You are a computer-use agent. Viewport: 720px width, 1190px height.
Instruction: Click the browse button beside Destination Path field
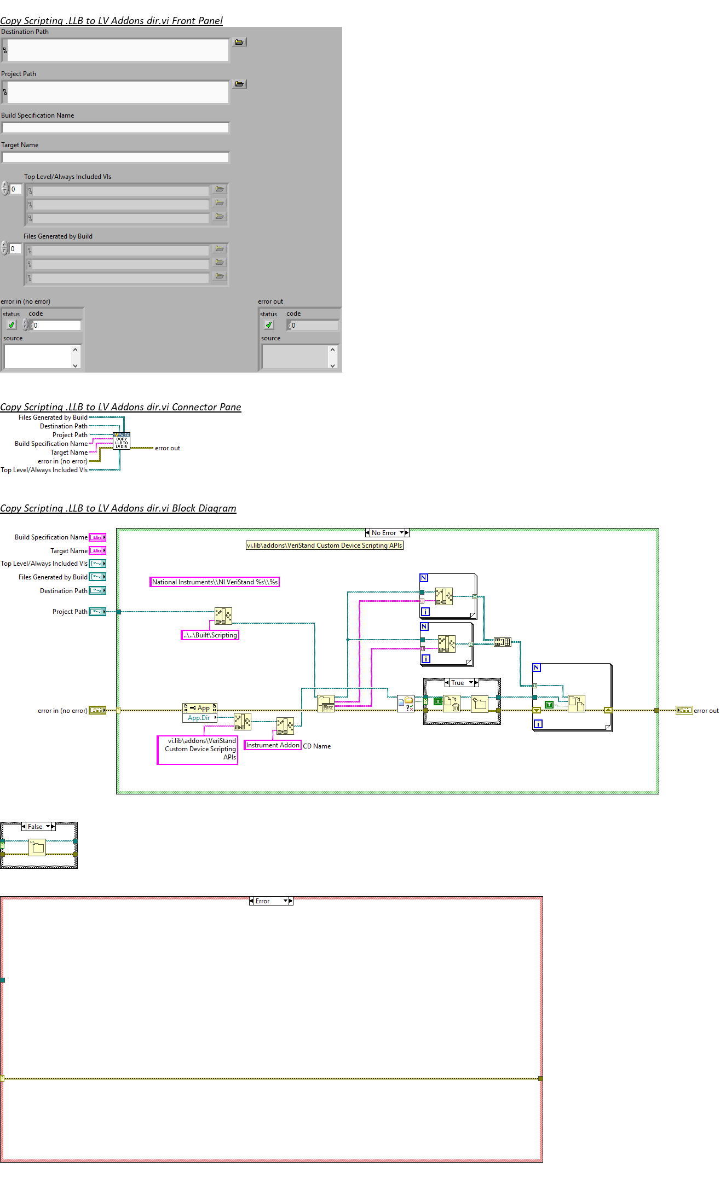239,42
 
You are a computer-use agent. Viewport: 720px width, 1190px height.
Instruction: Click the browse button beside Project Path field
239,84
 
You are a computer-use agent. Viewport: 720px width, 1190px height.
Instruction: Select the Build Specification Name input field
115,128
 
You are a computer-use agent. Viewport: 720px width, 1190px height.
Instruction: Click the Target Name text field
115,158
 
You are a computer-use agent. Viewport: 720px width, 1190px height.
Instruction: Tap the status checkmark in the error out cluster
269,325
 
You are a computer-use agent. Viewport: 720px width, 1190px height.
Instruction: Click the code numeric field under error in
56,326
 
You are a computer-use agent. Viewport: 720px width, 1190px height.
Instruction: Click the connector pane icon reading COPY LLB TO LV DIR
122,442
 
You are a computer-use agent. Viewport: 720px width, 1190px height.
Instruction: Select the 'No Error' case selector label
384,533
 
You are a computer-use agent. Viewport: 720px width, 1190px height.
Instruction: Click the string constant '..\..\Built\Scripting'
210,635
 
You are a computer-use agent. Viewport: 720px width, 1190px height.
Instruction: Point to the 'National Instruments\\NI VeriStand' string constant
215,582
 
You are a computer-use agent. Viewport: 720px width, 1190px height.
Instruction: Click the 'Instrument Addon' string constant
273,745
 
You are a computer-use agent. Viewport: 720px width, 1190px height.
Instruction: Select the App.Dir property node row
199,718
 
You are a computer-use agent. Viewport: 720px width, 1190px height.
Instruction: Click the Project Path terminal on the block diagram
97,612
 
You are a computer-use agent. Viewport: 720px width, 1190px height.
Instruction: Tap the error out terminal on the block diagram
684,711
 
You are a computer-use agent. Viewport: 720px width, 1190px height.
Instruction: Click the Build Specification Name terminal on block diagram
97,537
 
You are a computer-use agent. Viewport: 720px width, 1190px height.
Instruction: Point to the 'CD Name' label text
317,746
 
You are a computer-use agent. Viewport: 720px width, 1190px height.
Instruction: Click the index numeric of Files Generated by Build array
15,249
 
